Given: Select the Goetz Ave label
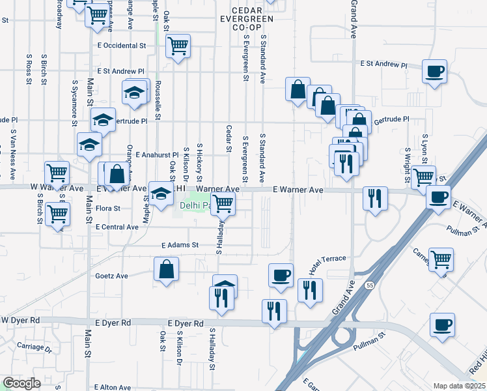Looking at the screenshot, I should [x=113, y=276].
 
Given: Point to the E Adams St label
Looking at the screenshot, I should [x=180, y=245].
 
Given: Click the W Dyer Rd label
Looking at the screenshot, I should [x=21, y=321].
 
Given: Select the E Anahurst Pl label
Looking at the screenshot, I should [x=148, y=154].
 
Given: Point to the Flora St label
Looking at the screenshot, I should [x=109, y=209].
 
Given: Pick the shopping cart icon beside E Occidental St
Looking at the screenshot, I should [x=178, y=46].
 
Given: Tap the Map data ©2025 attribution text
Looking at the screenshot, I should [x=458, y=386].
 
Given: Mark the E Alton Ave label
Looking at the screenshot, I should [x=116, y=387].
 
